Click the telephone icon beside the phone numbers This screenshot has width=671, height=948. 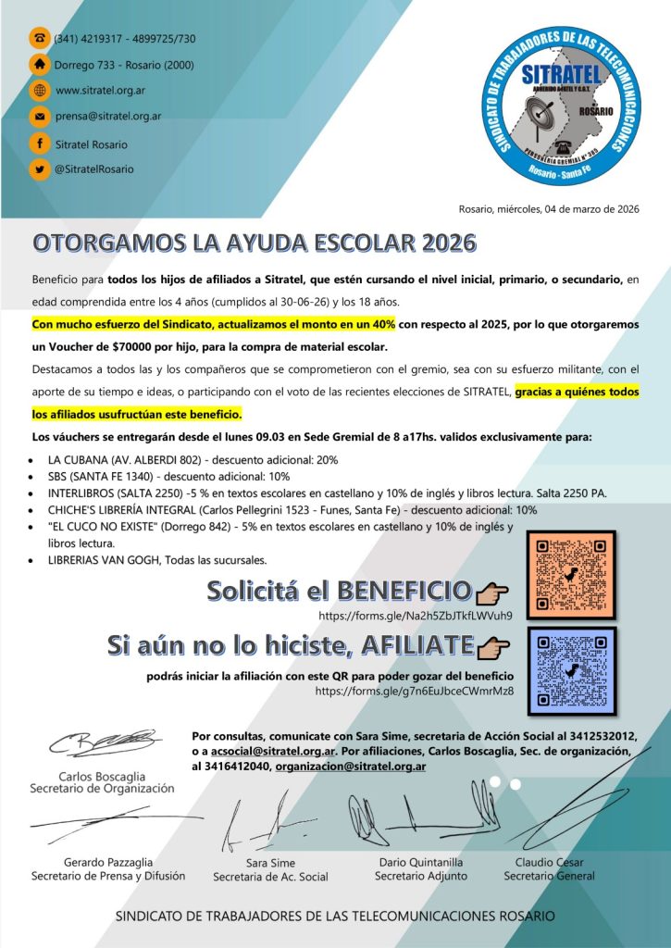pyautogui.click(x=40, y=38)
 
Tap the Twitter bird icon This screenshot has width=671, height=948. pyautogui.click(x=40, y=169)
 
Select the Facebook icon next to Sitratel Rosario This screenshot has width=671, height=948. pyautogui.click(x=40, y=143)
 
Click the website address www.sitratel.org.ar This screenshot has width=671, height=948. pyautogui.click(x=100, y=91)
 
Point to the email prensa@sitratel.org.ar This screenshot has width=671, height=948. pyautogui.click(x=108, y=117)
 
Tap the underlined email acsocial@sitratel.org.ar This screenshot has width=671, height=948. pyautogui.click(x=279, y=751)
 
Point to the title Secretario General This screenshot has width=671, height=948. pyautogui.click(x=550, y=876)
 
